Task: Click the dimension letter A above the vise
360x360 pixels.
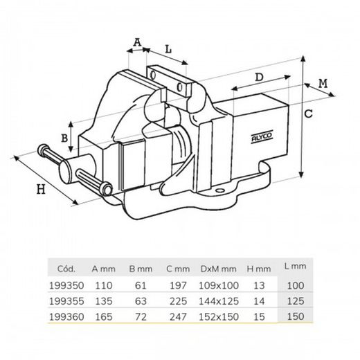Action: click(x=138, y=42)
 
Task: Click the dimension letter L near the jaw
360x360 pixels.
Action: click(x=169, y=49)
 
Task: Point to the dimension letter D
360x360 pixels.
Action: click(x=259, y=78)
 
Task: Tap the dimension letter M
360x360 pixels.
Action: click(x=323, y=84)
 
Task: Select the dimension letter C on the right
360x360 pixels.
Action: click(x=309, y=114)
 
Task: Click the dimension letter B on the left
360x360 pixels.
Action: click(x=64, y=138)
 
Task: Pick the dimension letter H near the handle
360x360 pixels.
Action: click(x=41, y=189)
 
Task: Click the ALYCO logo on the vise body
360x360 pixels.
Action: click(x=262, y=136)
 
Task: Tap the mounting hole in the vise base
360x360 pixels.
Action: click(x=220, y=190)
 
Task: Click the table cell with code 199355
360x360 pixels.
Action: click(x=66, y=301)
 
